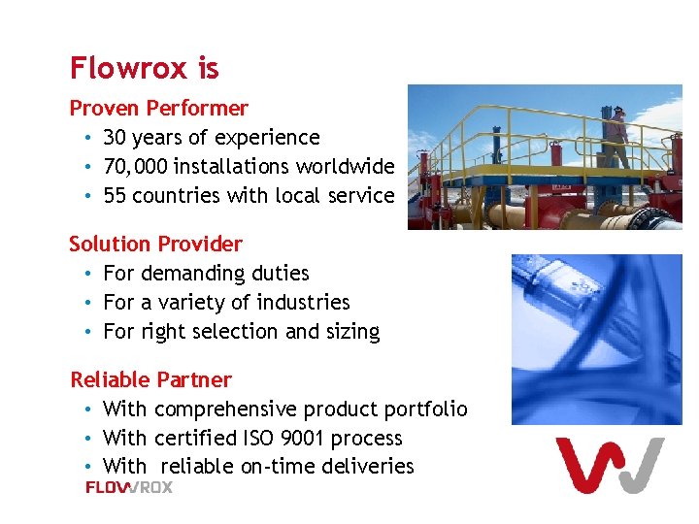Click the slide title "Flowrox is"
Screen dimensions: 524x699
(145, 68)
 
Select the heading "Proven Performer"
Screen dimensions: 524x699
(158, 108)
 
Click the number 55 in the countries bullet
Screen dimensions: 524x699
(115, 196)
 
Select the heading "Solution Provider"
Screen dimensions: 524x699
(155, 244)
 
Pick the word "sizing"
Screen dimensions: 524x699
(352, 332)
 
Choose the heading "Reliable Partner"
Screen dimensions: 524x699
(150, 379)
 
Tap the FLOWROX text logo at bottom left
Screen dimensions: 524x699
(129, 487)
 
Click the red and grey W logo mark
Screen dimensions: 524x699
(609, 466)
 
